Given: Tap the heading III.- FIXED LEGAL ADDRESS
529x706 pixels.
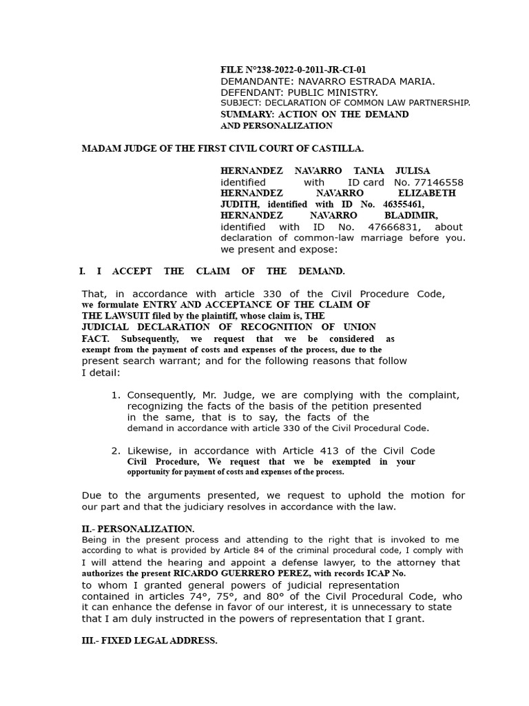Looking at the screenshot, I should point(149,641).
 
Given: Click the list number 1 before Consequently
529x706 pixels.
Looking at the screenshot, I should point(115,395).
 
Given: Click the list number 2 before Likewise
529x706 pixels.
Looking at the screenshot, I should point(115,451).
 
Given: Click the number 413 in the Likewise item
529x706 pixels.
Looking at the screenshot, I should point(327,451).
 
